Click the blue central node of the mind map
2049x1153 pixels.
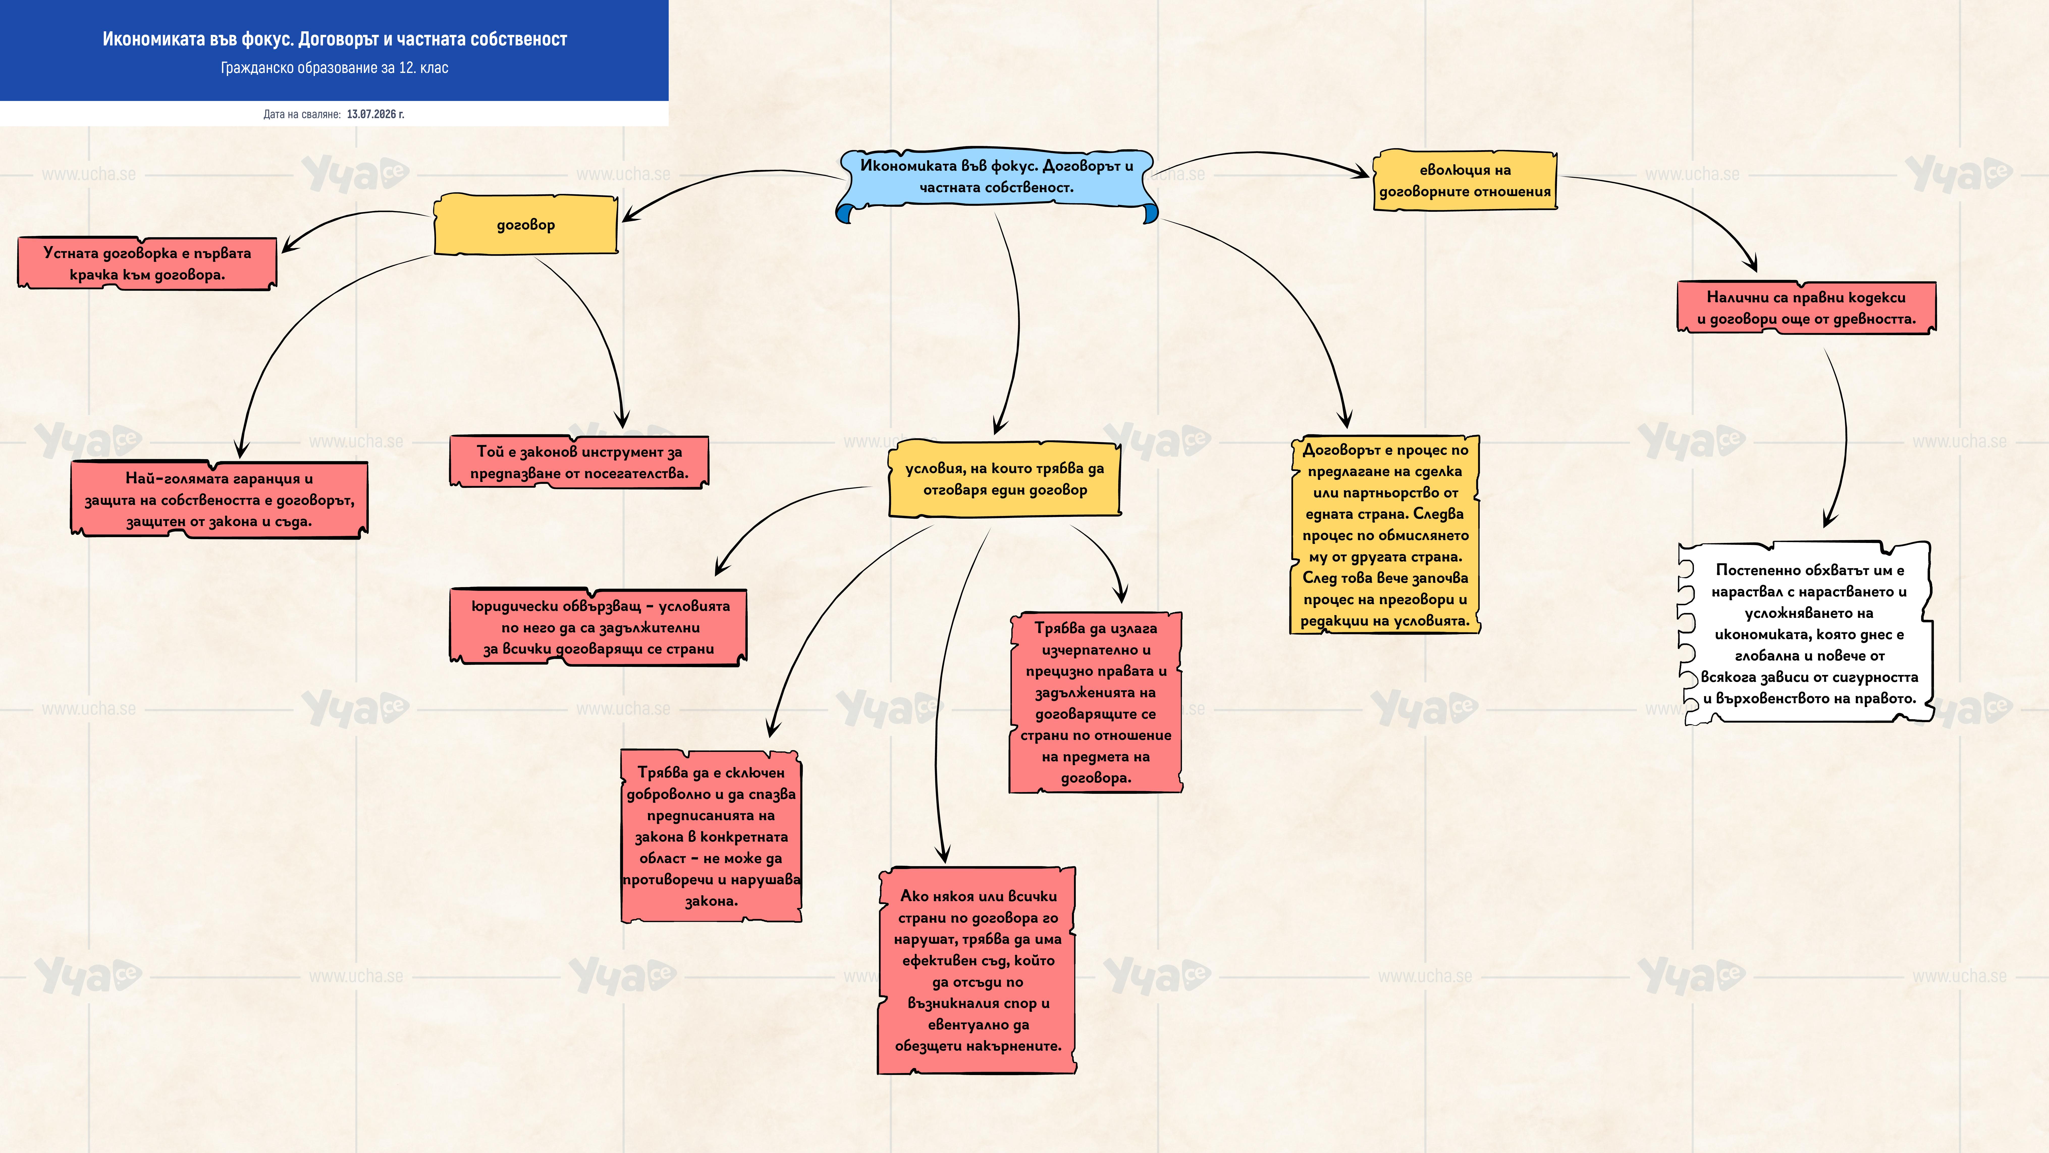click(x=997, y=181)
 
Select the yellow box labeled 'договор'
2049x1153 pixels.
click(x=526, y=224)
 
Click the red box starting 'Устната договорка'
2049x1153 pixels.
click(x=147, y=263)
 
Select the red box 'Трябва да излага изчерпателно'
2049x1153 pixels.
click(x=1096, y=703)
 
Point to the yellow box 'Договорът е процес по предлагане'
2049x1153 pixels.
click(x=1385, y=535)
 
